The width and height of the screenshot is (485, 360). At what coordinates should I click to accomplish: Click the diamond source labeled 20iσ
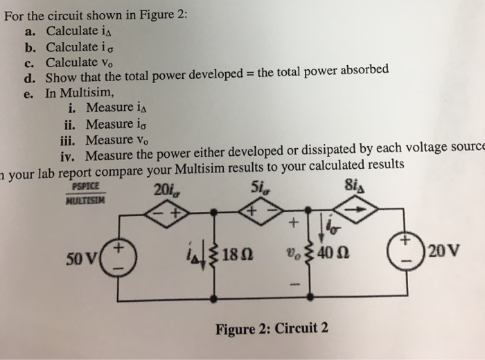[x=168, y=213]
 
